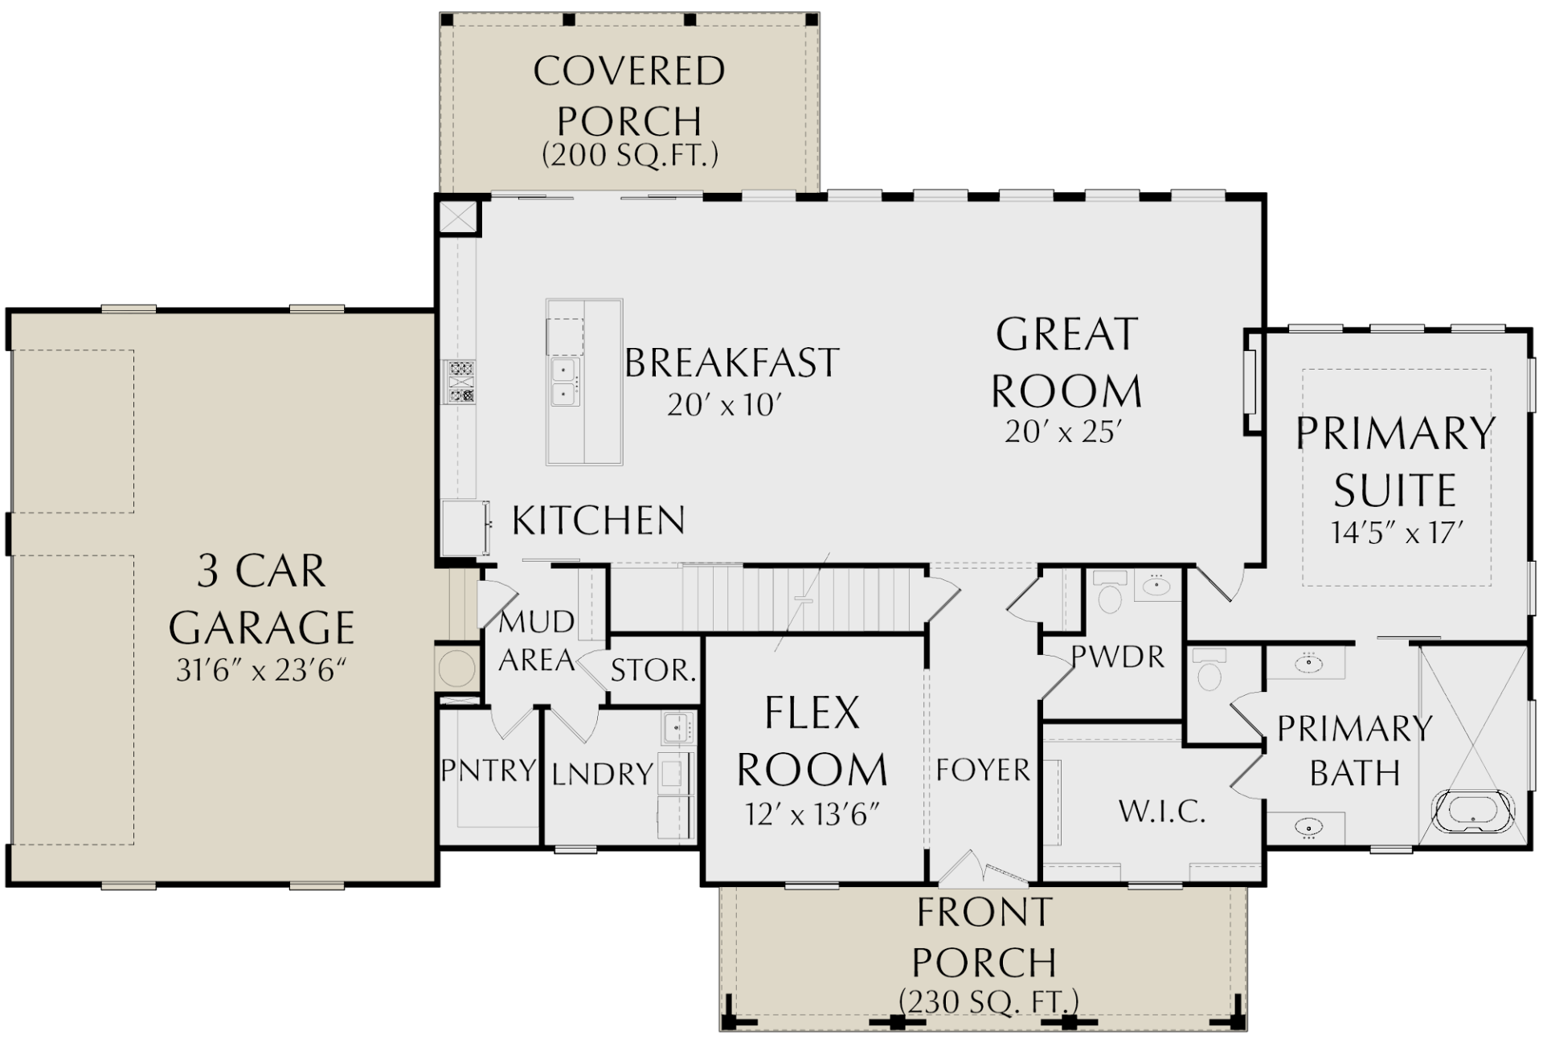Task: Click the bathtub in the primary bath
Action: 1473,812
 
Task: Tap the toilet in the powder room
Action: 1110,591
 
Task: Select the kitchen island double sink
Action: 564,382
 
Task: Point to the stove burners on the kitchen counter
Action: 461,382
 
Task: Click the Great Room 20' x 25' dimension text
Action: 1062,432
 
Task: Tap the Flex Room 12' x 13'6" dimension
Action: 812,815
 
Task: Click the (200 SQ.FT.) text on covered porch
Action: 630,154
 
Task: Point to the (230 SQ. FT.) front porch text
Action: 988,1001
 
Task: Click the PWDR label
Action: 1118,657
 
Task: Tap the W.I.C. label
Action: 1162,812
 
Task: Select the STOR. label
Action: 653,670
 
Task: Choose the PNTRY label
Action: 489,770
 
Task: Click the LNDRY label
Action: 602,774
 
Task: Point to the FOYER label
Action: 982,770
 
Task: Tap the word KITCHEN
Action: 599,521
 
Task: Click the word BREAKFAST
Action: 731,362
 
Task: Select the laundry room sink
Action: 677,728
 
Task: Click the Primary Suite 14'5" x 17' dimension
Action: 1397,532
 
